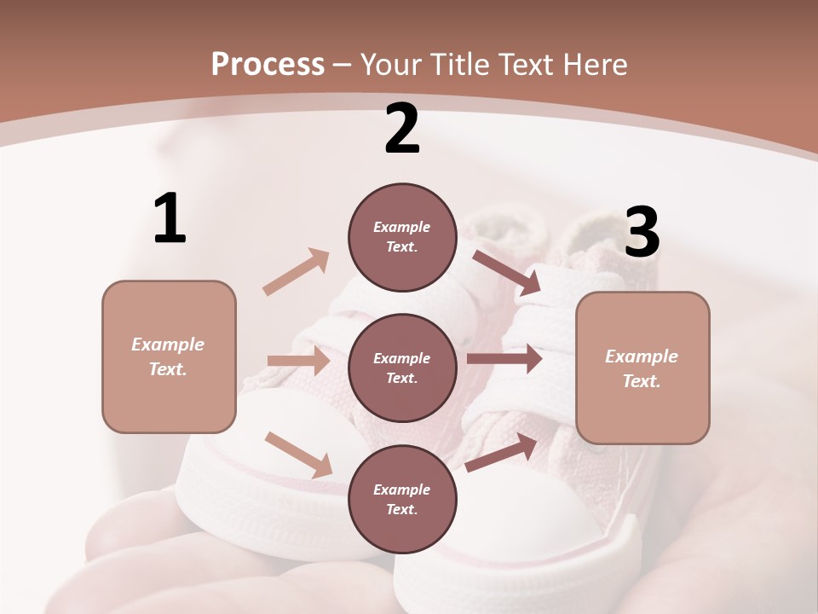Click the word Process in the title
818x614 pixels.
click(268, 65)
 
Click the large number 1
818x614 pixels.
click(170, 218)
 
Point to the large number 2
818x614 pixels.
click(402, 129)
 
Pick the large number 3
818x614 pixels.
click(642, 232)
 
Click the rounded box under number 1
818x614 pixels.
click(169, 356)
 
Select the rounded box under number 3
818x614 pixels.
click(642, 368)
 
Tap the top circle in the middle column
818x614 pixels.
click(402, 237)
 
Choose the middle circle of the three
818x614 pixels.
click(402, 368)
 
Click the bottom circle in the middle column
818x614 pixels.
click(402, 500)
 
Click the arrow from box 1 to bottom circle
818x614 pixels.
click(298, 454)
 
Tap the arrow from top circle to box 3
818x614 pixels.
click(506, 272)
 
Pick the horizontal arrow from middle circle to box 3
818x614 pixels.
click(504, 359)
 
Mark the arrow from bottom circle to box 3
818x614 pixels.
click(502, 453)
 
